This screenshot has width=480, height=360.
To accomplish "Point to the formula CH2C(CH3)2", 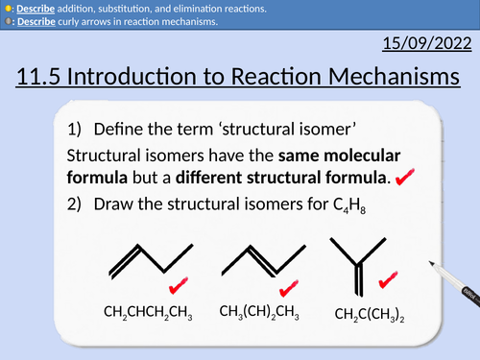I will (x=368, y=314).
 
